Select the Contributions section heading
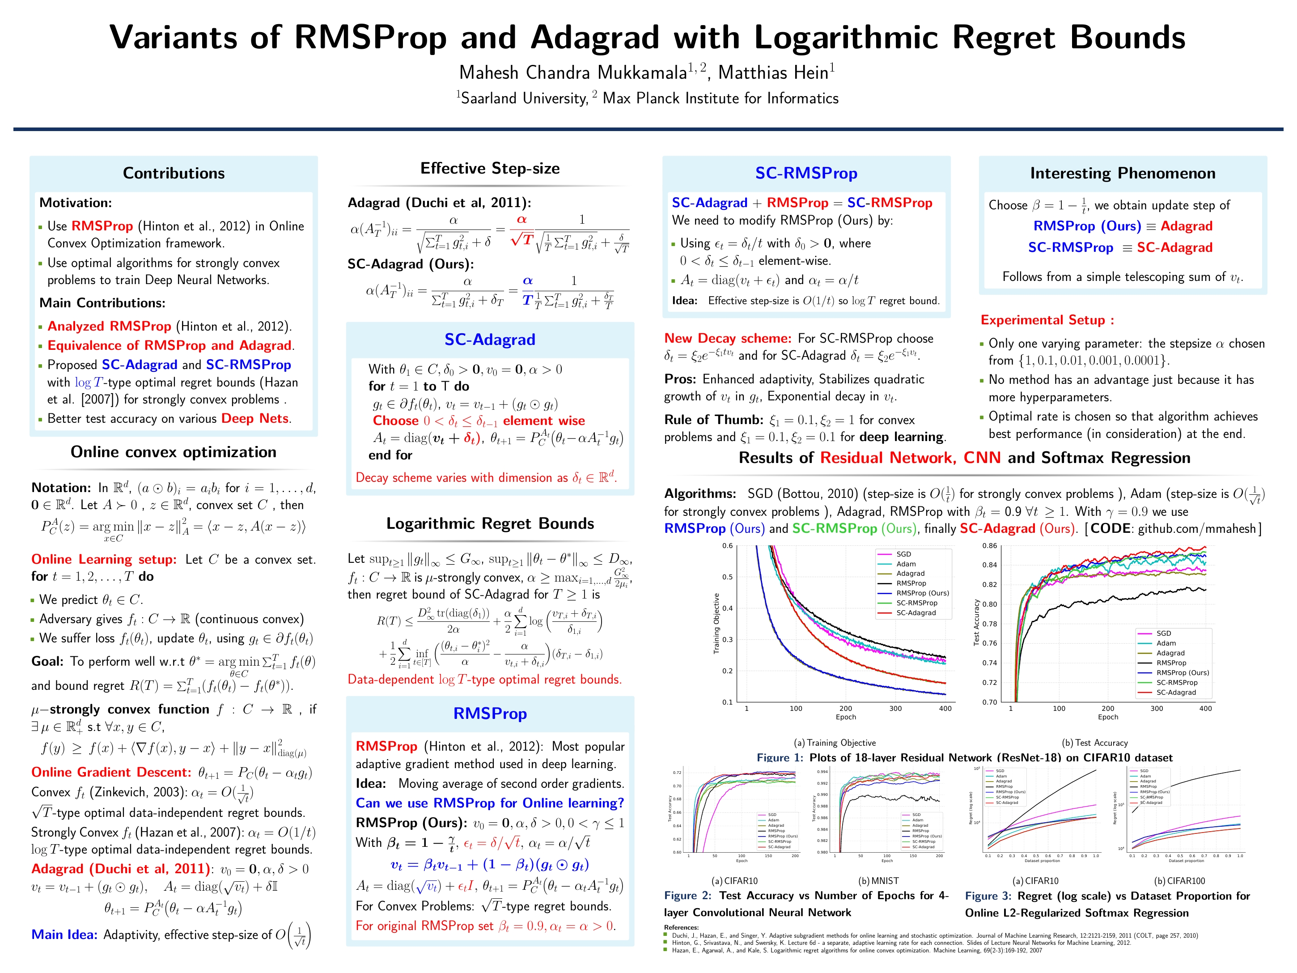(x=174, y=173)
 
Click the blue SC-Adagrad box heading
(x=490, y=340)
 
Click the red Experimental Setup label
(x=1047, y=320)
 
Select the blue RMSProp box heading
(x=490, y=714)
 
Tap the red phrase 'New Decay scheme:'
(x=727, y=338)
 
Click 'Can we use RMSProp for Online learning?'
(x=490, y=803)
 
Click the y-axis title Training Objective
(x=716, y=624)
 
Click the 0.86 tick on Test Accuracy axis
(x=989, y=546)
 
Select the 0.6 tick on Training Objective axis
(x=727, y=546)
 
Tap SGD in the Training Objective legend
(x=903, y=554)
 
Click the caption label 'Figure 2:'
(x=687, y=896)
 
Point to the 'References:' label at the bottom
(x=681, y=927)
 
